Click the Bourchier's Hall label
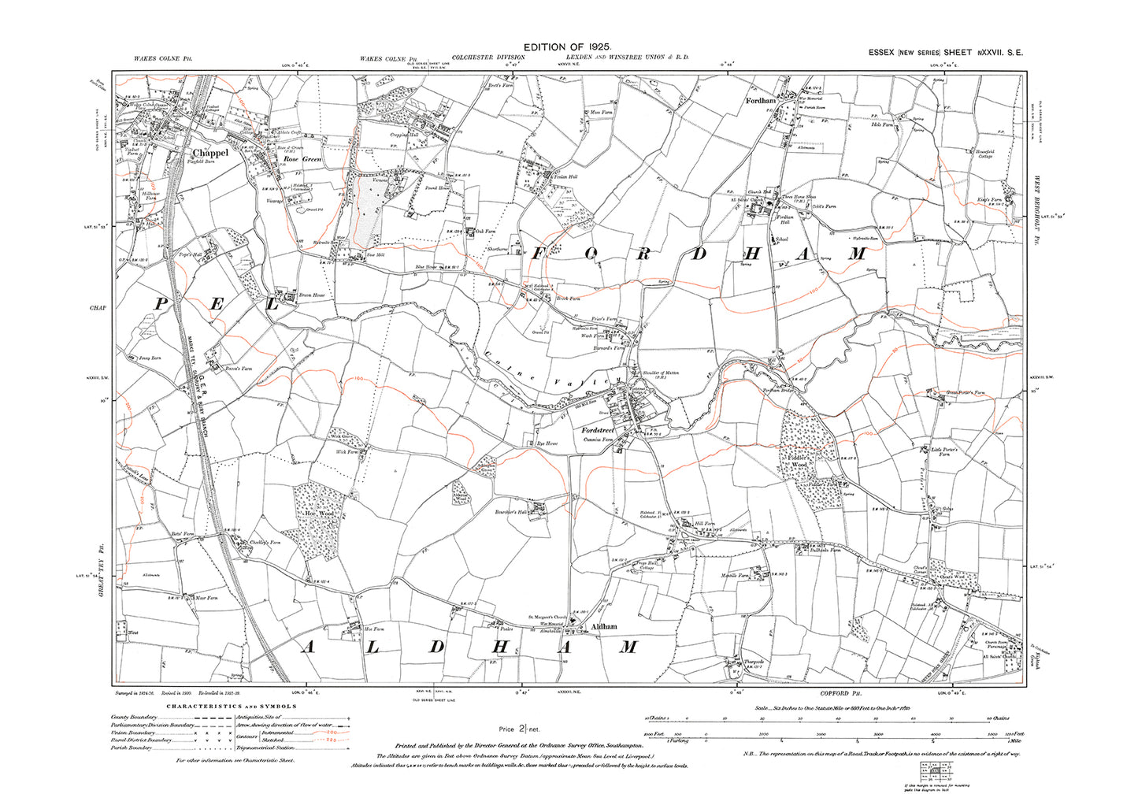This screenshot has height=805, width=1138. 510,510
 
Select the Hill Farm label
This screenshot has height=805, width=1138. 702,522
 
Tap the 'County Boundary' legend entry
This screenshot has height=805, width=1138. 135,718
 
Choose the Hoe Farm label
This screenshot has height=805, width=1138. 374,629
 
